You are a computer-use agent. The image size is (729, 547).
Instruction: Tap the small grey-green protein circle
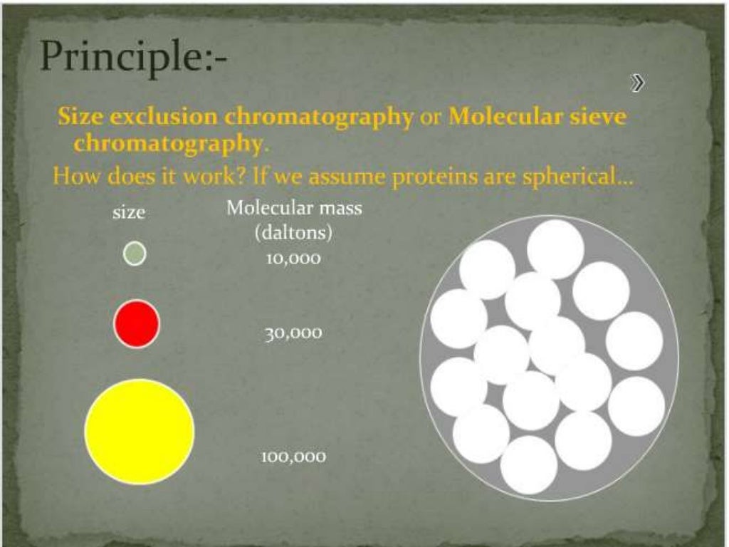135,254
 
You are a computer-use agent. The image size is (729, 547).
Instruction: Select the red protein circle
137,324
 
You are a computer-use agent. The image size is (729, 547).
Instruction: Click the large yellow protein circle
140,432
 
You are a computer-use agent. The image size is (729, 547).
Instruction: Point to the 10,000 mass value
293,259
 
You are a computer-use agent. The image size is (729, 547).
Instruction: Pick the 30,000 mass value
293,333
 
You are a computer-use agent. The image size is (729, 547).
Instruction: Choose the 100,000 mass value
293,457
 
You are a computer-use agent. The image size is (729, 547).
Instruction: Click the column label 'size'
129,212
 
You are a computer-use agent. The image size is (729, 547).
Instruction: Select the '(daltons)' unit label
294,232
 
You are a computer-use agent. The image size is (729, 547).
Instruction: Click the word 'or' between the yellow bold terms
431,117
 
